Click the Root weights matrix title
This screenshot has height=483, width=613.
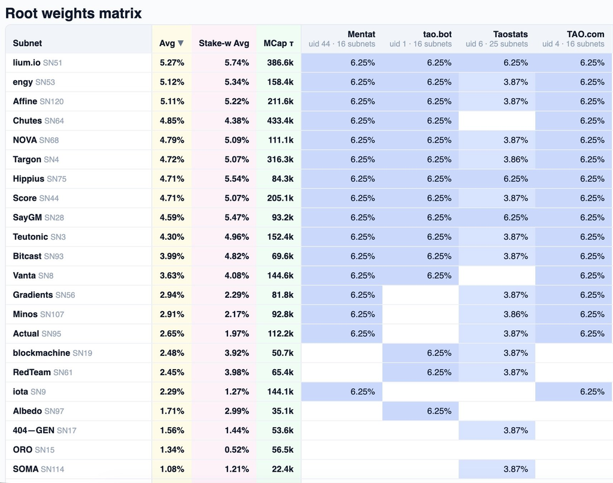point(74,13)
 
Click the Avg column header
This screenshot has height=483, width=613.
point(167,43)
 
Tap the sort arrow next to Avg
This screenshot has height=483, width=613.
point(181,43)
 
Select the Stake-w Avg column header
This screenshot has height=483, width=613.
point(224,43)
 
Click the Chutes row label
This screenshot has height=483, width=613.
point(38,120)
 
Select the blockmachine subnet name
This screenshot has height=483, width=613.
point(41,352)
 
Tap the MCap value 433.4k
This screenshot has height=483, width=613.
point(280,120)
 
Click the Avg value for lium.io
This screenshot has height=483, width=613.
point(172,63)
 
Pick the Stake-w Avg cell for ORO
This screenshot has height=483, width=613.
point(236,449)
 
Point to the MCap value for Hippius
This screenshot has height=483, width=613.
point(283,179)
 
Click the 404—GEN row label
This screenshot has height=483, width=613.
point(44,430)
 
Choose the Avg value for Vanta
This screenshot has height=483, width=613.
point(172,275)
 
